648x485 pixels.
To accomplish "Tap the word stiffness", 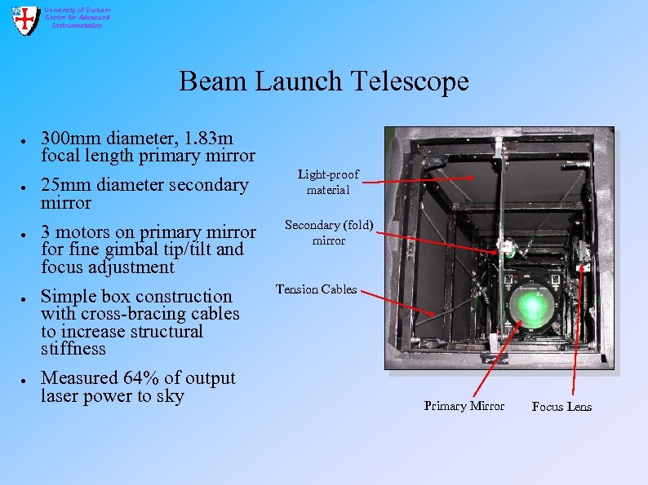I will (73, 349).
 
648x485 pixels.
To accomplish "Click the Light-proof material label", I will (327, 183).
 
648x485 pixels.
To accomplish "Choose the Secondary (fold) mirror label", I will (328, 233).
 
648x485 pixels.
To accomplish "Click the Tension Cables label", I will (316, 289).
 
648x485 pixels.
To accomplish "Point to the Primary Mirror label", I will (464, 406).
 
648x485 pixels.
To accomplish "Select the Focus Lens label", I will (561, 407).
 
